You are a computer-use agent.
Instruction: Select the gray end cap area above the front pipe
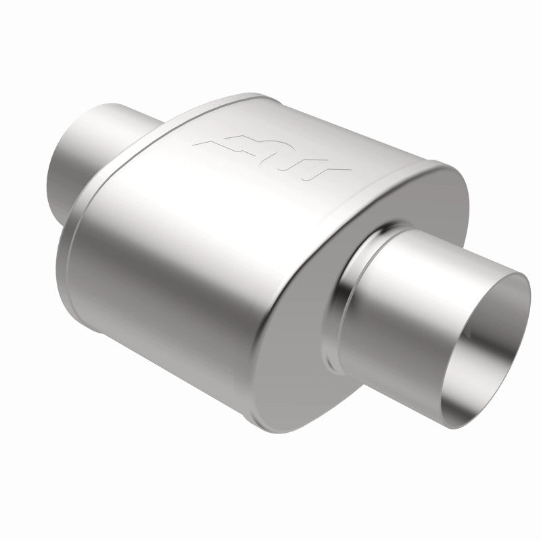433,203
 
